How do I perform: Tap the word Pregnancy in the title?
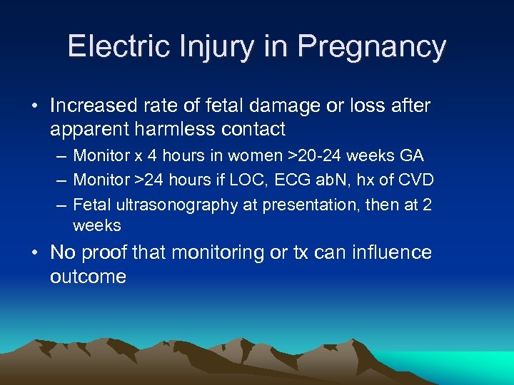[372, 47]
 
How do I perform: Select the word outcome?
[88, 276]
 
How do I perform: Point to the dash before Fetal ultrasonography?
[59, 205]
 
